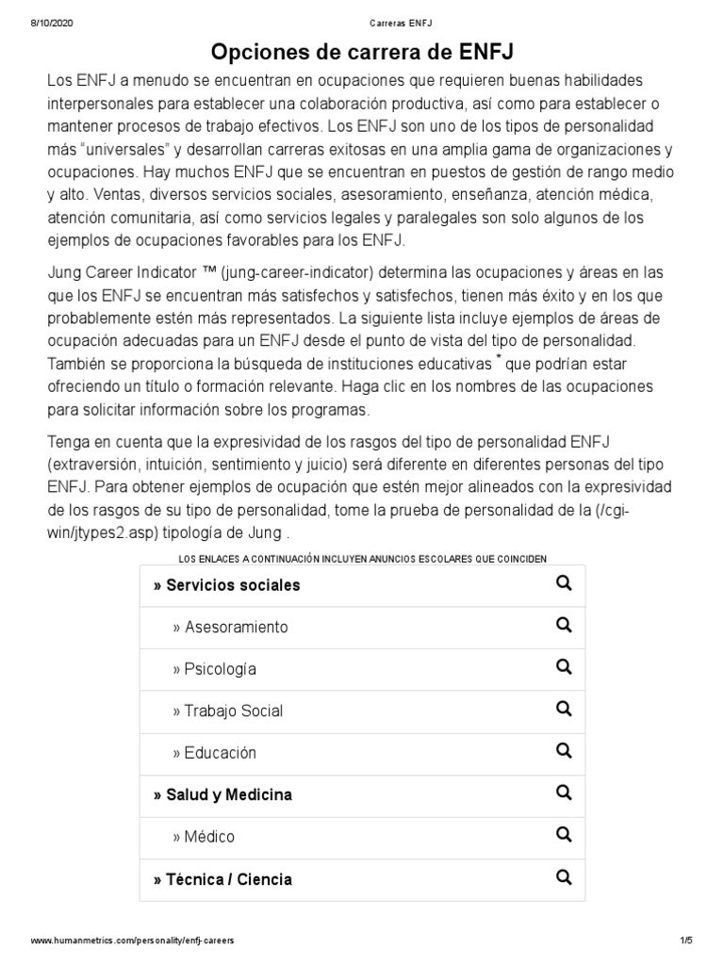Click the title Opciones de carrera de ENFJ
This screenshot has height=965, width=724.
point(362,50)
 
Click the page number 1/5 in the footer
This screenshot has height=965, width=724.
point(685,940)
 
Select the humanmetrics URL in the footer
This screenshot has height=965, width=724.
point(132,940)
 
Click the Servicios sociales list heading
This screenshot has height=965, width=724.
point(226,585)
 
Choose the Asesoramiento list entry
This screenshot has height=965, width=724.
point(231,627)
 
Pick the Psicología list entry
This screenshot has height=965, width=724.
point(215,669)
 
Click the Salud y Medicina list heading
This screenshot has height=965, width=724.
point(222,794)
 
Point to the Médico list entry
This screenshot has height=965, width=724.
point(204,837)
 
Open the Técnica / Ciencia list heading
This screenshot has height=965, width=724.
point(222,879)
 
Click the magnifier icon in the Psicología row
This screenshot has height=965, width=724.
point(564,667)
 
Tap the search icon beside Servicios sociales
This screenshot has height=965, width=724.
point(564,583)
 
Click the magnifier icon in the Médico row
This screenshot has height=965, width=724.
point(564,835)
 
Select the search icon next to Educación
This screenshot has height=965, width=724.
point(564,751)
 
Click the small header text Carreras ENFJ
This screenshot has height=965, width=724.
point(362,23)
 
